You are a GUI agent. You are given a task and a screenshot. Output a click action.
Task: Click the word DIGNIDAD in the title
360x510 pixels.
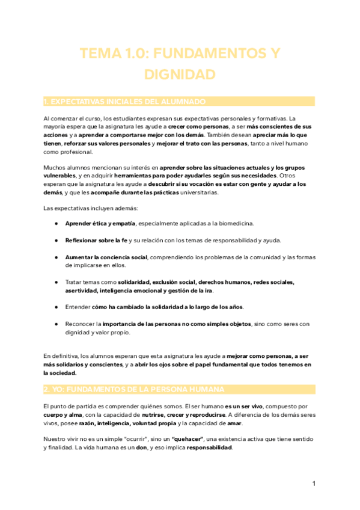click(x=180, y=75)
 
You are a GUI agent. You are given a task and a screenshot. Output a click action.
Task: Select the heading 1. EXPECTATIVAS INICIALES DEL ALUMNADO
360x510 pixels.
click(x=125, y=101)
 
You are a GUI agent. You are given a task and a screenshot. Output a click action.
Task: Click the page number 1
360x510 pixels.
click(x=314, y=484)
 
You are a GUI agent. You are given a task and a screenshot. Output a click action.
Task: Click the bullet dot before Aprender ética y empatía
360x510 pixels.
click(x=55, y=223)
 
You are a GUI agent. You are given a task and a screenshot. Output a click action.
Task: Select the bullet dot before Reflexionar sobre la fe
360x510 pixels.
click(x=55, y=241)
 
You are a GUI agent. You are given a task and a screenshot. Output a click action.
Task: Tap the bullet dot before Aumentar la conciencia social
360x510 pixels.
click(x=55, y=257)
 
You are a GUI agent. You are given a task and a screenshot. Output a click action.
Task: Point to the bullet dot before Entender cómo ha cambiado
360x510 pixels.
click(x=55, y=307)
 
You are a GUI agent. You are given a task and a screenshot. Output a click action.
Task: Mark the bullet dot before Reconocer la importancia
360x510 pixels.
click(x=55, y=324)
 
